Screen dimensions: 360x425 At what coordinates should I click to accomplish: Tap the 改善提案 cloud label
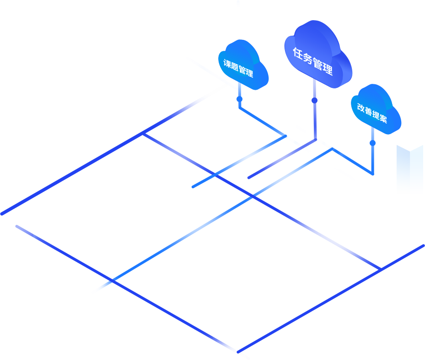coord(372,113)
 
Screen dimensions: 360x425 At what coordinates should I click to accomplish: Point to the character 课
coord(227,63)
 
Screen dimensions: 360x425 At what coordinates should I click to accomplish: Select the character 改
coord(361,107)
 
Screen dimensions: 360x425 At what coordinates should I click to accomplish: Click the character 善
coord(368,111)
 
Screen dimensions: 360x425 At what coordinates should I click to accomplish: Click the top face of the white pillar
coord(409,145)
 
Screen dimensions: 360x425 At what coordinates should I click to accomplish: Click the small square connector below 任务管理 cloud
coord(314,100)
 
